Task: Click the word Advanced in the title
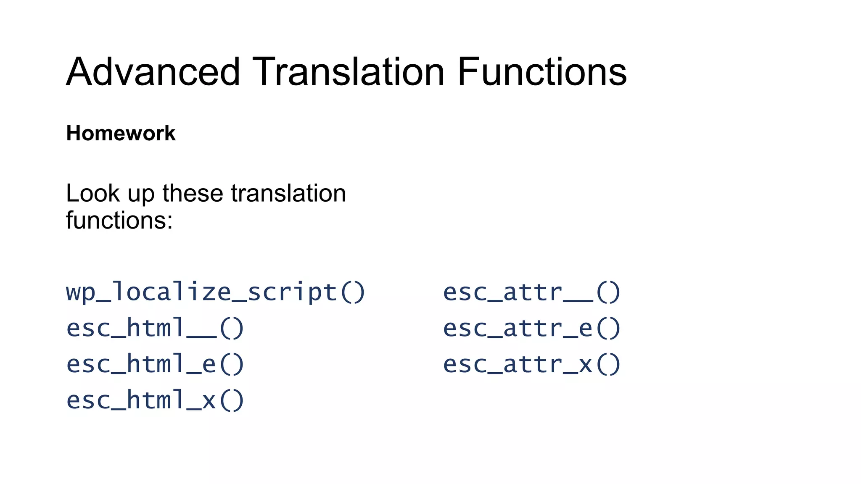point(153,72)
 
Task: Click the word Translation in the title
point(348,72)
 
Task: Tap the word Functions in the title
point(542,72)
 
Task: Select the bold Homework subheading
point(121,133)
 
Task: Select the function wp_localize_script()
point(216,292)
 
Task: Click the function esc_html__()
point(155,328)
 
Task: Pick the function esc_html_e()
point(155,364)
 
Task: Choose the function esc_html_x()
point(155,400)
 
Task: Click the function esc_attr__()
point(532,292)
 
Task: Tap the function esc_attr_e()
point(532,328)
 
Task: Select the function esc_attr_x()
point(532,364)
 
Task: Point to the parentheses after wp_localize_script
point(352,292)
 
